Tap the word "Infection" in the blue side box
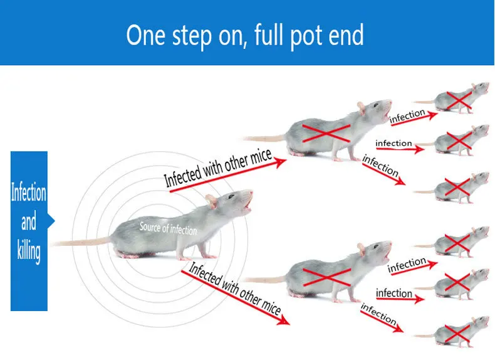pos(29,192)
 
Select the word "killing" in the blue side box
pos(29,252)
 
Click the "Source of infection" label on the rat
pos(168,228)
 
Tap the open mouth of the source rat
pos(249,204)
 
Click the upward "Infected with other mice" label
pos(218,168)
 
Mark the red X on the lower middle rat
pos(326,276)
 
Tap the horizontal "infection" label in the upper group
pos(393,144)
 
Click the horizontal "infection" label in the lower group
pos(393,294)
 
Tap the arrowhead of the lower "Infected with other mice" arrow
pos(285,321)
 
